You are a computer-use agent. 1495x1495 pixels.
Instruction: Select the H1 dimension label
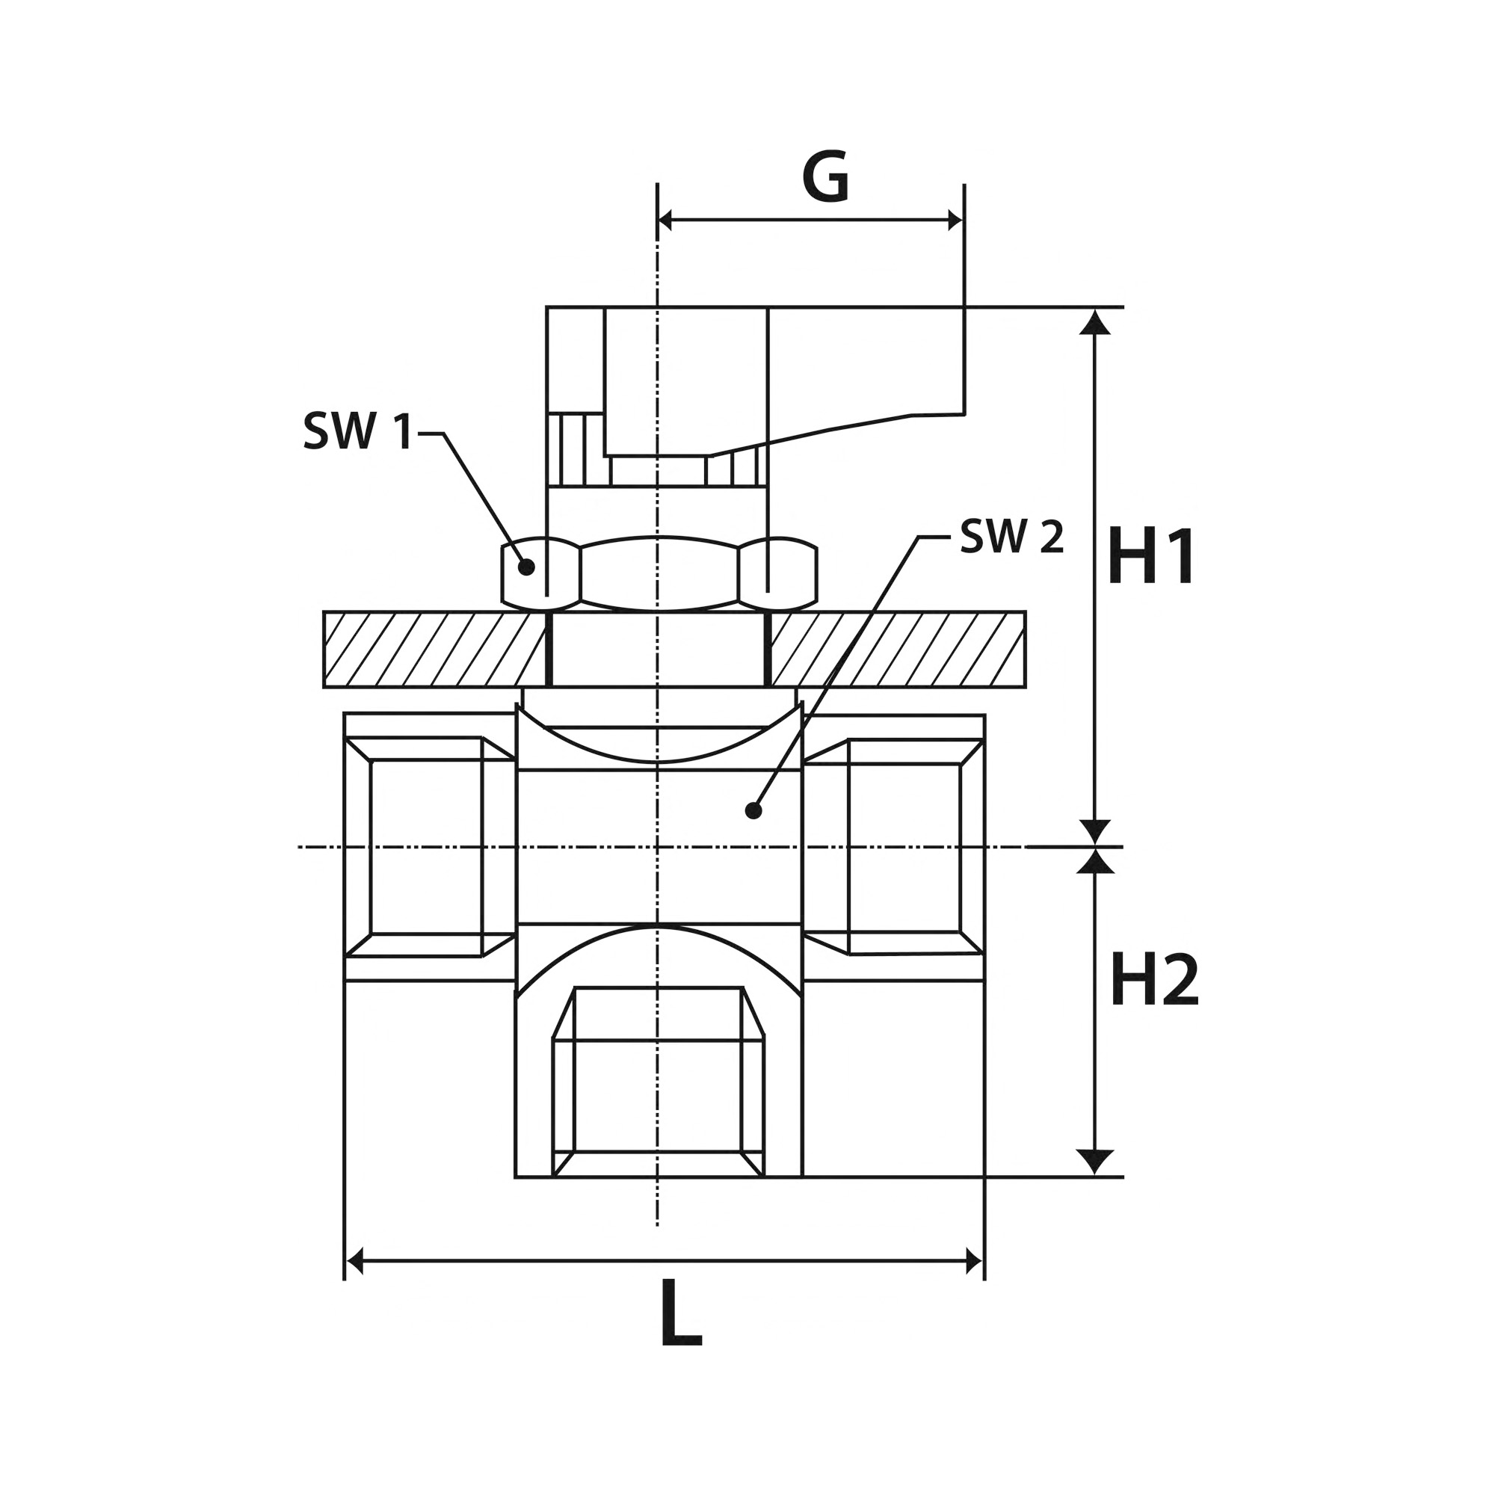(x=1150, y=556)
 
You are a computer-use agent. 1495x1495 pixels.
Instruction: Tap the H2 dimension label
(x=1153, y=980)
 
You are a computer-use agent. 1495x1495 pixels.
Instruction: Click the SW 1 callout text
(x=358, y=431)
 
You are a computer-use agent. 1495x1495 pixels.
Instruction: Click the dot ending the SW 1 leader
(x=526, y=567)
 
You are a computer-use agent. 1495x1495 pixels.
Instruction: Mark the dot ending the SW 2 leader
(x=753, y=811)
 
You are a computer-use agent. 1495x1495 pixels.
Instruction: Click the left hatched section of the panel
(x=436, y=650)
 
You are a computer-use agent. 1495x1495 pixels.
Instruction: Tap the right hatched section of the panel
(x=898, y=650)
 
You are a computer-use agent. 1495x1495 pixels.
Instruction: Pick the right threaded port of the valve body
(x=894, y=848)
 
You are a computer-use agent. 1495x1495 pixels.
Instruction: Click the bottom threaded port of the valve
(x=659, y=1082)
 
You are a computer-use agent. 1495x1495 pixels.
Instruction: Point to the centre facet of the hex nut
(x=659, y=573)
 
